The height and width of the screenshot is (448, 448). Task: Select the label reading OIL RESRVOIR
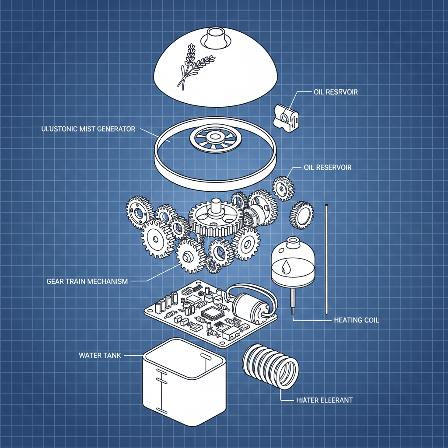coord(336,92)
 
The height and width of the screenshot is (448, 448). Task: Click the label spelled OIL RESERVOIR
coord(327,168)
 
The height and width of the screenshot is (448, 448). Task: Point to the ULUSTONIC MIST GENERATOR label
coord(88,129)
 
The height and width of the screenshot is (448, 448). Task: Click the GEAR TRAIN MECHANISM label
coord(87,281)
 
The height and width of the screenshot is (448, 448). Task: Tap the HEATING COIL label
coord(357,320)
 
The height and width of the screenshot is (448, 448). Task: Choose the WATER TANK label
coord(100,355)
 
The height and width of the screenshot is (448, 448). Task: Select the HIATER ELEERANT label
coord(325,400)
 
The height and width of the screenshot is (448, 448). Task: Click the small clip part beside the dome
coord(286,118)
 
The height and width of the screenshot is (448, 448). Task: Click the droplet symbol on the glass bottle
coord(285,267)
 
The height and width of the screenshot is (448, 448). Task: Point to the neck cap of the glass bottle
coord(292,242)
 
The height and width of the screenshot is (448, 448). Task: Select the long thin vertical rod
coord(326,259)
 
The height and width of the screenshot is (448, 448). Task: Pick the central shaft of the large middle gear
coord(216,207)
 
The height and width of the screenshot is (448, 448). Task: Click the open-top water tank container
coord(184,381)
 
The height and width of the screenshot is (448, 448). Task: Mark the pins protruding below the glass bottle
coord(293,301)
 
